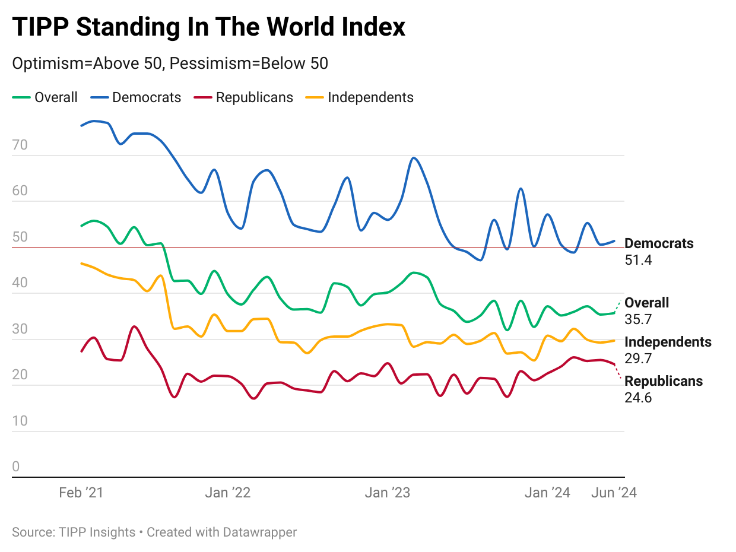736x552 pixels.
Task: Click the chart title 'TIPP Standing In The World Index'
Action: pyautogui.click(x=208, y=27)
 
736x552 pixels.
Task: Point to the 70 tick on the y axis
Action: pyautogui.click(x=20, y=145)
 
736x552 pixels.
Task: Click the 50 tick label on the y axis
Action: pyautogui.click(x=20, y=237)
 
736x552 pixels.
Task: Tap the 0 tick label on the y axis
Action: pyautogui.click(x=16, y=467)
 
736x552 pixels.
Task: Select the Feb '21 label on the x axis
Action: pyautogui.click(x=81, y=493)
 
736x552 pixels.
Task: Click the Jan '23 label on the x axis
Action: pyautogui.click(x=387, y=493)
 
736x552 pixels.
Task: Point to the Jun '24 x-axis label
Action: pyautogui.click(x=614, y=493)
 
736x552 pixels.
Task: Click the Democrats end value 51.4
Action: pyautogui.click(x=638, y=260)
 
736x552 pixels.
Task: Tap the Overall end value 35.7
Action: pyautogui.click(x=638, y=319)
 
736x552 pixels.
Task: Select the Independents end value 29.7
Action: pyautogui.click(x=638, y=359)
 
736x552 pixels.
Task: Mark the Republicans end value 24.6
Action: pyautogui.click(x=638, y=398)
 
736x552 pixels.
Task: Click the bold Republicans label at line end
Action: pyautogui.click(x=664, y=381)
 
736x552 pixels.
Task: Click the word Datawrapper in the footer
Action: pyautogui.click(x=260, y=532)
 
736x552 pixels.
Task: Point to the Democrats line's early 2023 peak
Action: pyautogui.click(x=414, y=158)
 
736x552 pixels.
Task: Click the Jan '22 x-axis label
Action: pyautogui.click(x=228, y=493)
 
